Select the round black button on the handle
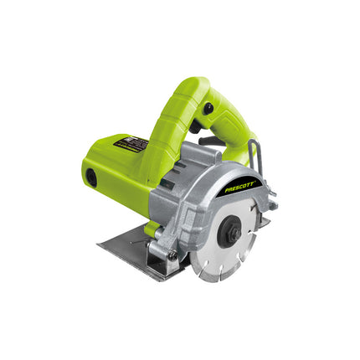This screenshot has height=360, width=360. pyautogui.click(x=208, y=108)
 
